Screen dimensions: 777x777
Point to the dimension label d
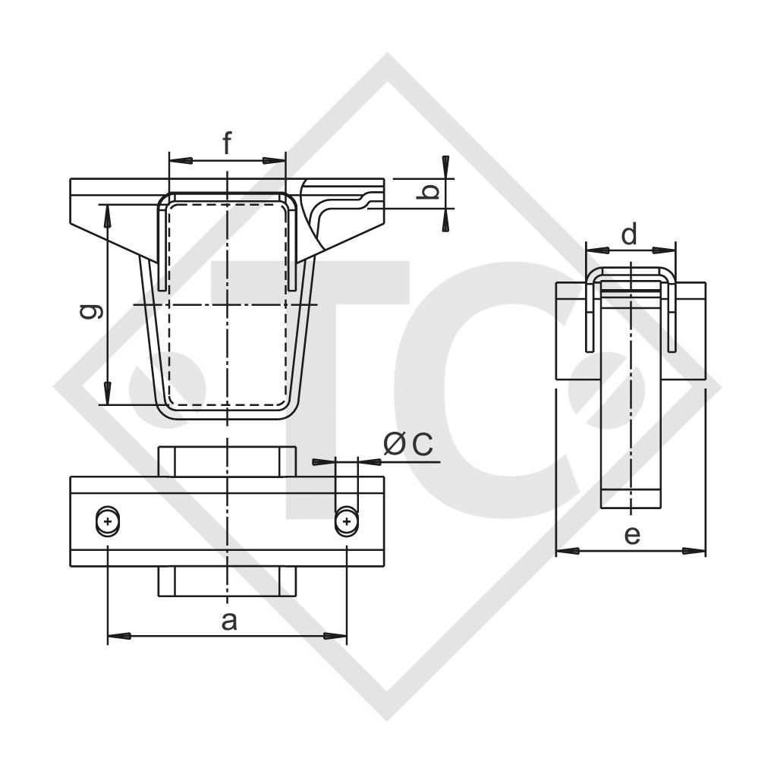click(629, 235)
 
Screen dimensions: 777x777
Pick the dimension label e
click(631, 536)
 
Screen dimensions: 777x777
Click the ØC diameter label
click(407, 446)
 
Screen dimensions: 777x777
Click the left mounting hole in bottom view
click(108, 521)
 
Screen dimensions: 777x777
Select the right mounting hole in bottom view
click(347, 521)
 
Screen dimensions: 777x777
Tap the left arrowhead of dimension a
click(118, 635)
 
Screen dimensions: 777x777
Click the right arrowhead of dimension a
click(336, 635)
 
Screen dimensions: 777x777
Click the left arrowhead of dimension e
click(567, 550)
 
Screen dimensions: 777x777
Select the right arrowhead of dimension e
click(695, 550)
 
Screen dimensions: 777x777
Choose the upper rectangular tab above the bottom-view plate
click(227, 461)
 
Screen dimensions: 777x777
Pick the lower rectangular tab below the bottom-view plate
click(227, 581)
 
